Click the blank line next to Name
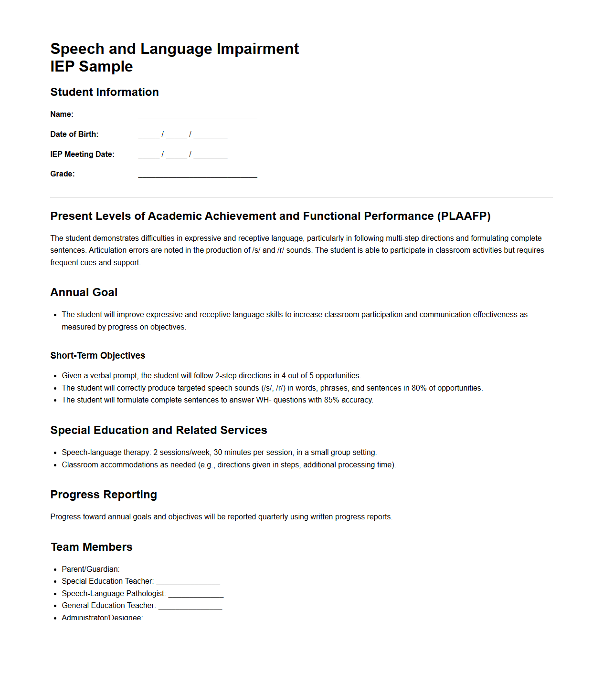[198, 115]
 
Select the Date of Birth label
[74, 134]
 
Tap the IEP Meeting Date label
[82, 155]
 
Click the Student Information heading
[105, 92]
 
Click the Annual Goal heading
[84, 292]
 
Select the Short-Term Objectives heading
[98, 355]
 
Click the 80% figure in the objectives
[419, 388]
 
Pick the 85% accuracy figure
[331, 400]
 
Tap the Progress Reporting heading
[104, 495]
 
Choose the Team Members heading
[92, 547]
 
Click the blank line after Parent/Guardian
[175, 570]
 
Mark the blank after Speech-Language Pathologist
[196, 594]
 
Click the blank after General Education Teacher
[190, 606]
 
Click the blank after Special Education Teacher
[188, 582]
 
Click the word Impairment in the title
[258, 49]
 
